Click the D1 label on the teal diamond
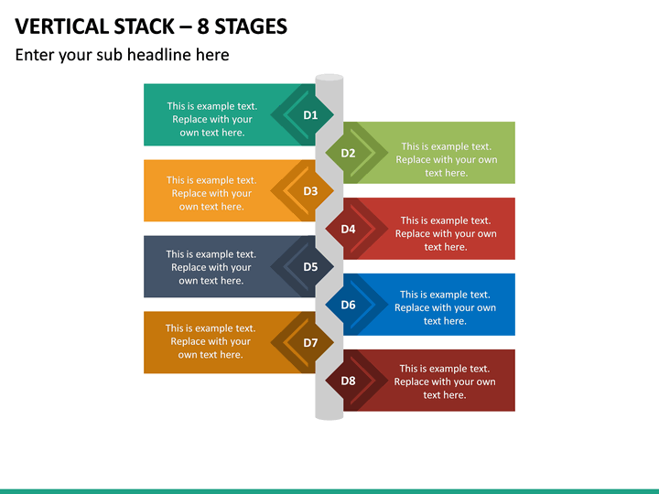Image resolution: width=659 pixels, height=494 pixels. [310, 115]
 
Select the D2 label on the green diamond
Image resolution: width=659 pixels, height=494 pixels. [348, 153]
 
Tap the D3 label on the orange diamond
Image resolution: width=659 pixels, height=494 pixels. [310, 191]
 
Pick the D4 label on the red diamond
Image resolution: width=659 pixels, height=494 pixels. [348, 229]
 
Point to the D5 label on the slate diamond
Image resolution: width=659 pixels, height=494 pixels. [310, 267]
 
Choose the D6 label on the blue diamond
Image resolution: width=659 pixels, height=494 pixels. [348, 305]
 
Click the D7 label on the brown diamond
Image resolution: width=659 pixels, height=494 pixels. [310, 343]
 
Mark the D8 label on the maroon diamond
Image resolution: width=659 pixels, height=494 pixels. [348, 381]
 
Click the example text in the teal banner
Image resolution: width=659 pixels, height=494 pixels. [212, 119]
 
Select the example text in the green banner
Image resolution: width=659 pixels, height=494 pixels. [447, 159]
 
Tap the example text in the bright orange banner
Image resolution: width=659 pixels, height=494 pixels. [211, 193]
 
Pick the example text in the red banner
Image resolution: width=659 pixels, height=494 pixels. [446, 233]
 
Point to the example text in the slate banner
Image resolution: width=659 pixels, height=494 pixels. [211, 267]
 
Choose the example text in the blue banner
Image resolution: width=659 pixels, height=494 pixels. [445, 307]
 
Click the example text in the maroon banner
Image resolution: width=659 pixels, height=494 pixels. [445, 381]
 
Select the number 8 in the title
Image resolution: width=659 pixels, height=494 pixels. [202, 27]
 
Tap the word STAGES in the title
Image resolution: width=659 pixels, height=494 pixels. [251, 27]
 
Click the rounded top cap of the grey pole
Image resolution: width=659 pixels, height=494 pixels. [329, 78]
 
